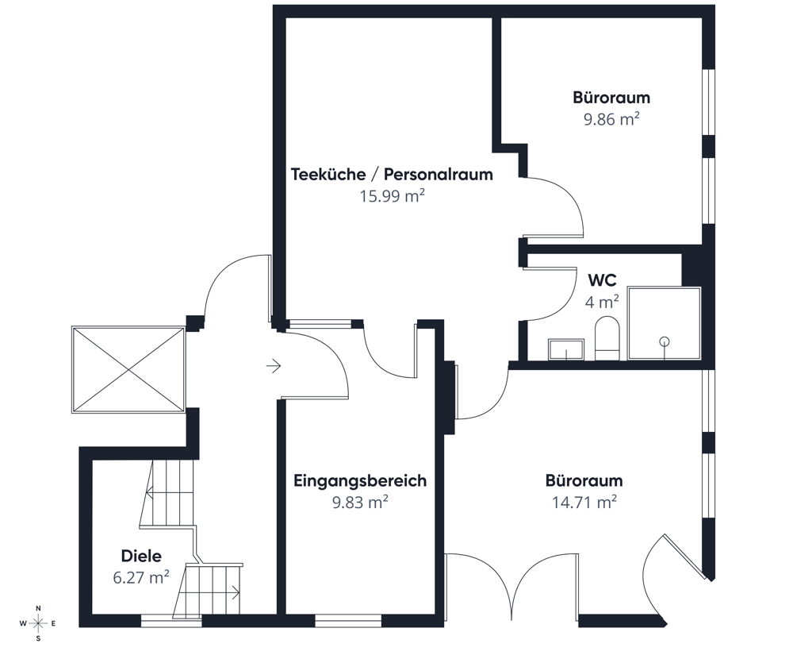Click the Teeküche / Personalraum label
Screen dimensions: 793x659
pos(392,174)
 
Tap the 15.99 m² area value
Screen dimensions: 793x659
pos(392,196)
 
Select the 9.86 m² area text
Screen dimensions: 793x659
pos(611,120)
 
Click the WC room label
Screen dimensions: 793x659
pos(602,280)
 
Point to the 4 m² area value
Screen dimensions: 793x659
pos(602,303)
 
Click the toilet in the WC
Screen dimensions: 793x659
pos(607,338)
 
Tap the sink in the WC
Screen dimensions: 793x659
pos(566,349)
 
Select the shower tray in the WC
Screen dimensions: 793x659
pos(664,324)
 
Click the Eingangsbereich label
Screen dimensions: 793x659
pos(360,480)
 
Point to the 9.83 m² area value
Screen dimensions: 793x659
pos(360,503)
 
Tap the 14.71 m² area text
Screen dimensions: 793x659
pos(584,503)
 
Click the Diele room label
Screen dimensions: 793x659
pos(141,556)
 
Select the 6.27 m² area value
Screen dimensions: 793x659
pos(141,577)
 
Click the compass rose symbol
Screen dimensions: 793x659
pos(38,623)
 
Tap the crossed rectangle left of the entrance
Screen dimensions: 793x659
pos(128,369)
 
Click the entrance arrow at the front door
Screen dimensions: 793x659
pos(274,365)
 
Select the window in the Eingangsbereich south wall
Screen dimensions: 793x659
pos(348,621)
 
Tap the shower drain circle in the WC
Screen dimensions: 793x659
pos(665,341)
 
